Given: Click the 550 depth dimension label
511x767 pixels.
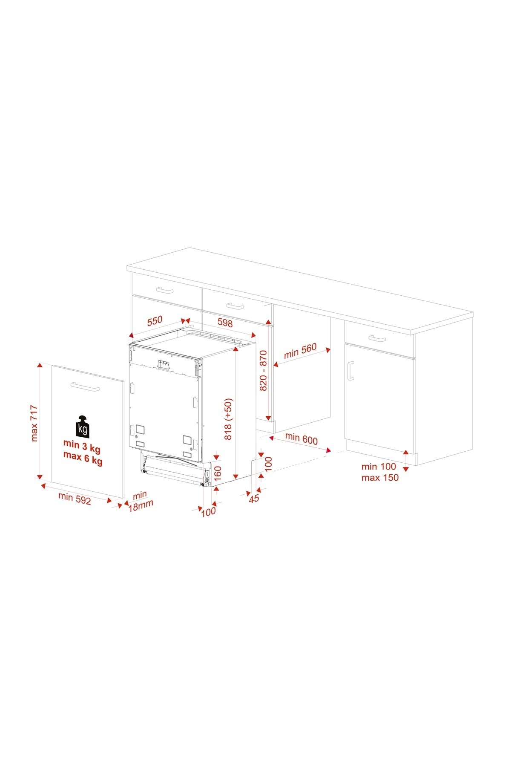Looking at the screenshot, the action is (155, 321).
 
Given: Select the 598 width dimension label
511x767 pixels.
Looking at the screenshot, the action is (225, 323).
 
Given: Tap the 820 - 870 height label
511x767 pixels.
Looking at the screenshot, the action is (263, 370).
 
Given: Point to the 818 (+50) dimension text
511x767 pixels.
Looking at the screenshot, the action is (229, 419).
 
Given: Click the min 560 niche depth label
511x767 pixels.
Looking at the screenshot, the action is (301, 350).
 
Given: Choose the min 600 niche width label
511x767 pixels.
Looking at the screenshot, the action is (301, 438).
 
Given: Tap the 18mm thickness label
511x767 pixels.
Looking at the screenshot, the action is (141, 505).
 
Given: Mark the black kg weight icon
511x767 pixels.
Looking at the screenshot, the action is (83, 426).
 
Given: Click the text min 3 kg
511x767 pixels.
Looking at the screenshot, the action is (82, 445).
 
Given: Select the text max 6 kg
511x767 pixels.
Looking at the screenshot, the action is (83, 460).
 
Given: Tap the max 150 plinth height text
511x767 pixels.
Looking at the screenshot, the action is (380, 477).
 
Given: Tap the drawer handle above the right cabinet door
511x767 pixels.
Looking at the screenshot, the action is (377, 338).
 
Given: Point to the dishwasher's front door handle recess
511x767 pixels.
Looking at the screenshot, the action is (163, 365).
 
